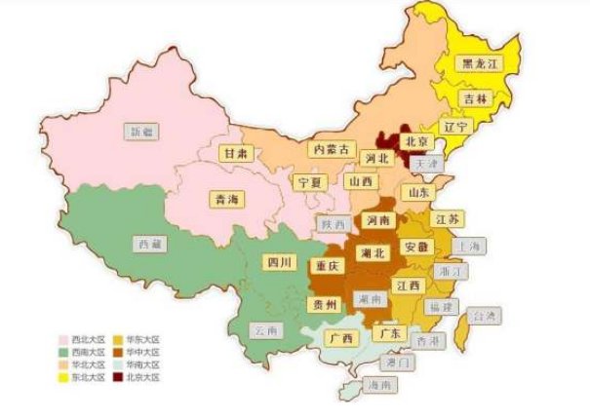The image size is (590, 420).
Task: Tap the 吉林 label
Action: coord(477,99)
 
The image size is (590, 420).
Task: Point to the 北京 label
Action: coord(417,140)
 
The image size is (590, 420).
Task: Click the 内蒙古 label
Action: coord(330,149)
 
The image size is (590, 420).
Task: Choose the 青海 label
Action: coord(226,199)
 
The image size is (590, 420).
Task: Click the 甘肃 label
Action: coord(234,153)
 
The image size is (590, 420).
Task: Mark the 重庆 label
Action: coord(327,265)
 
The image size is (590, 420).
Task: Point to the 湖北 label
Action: coord(374,252)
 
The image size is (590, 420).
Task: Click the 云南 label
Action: coord(266,330)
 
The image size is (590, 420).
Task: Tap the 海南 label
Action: coord(381,385)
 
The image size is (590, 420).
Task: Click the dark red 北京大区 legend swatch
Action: coord(117,375)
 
